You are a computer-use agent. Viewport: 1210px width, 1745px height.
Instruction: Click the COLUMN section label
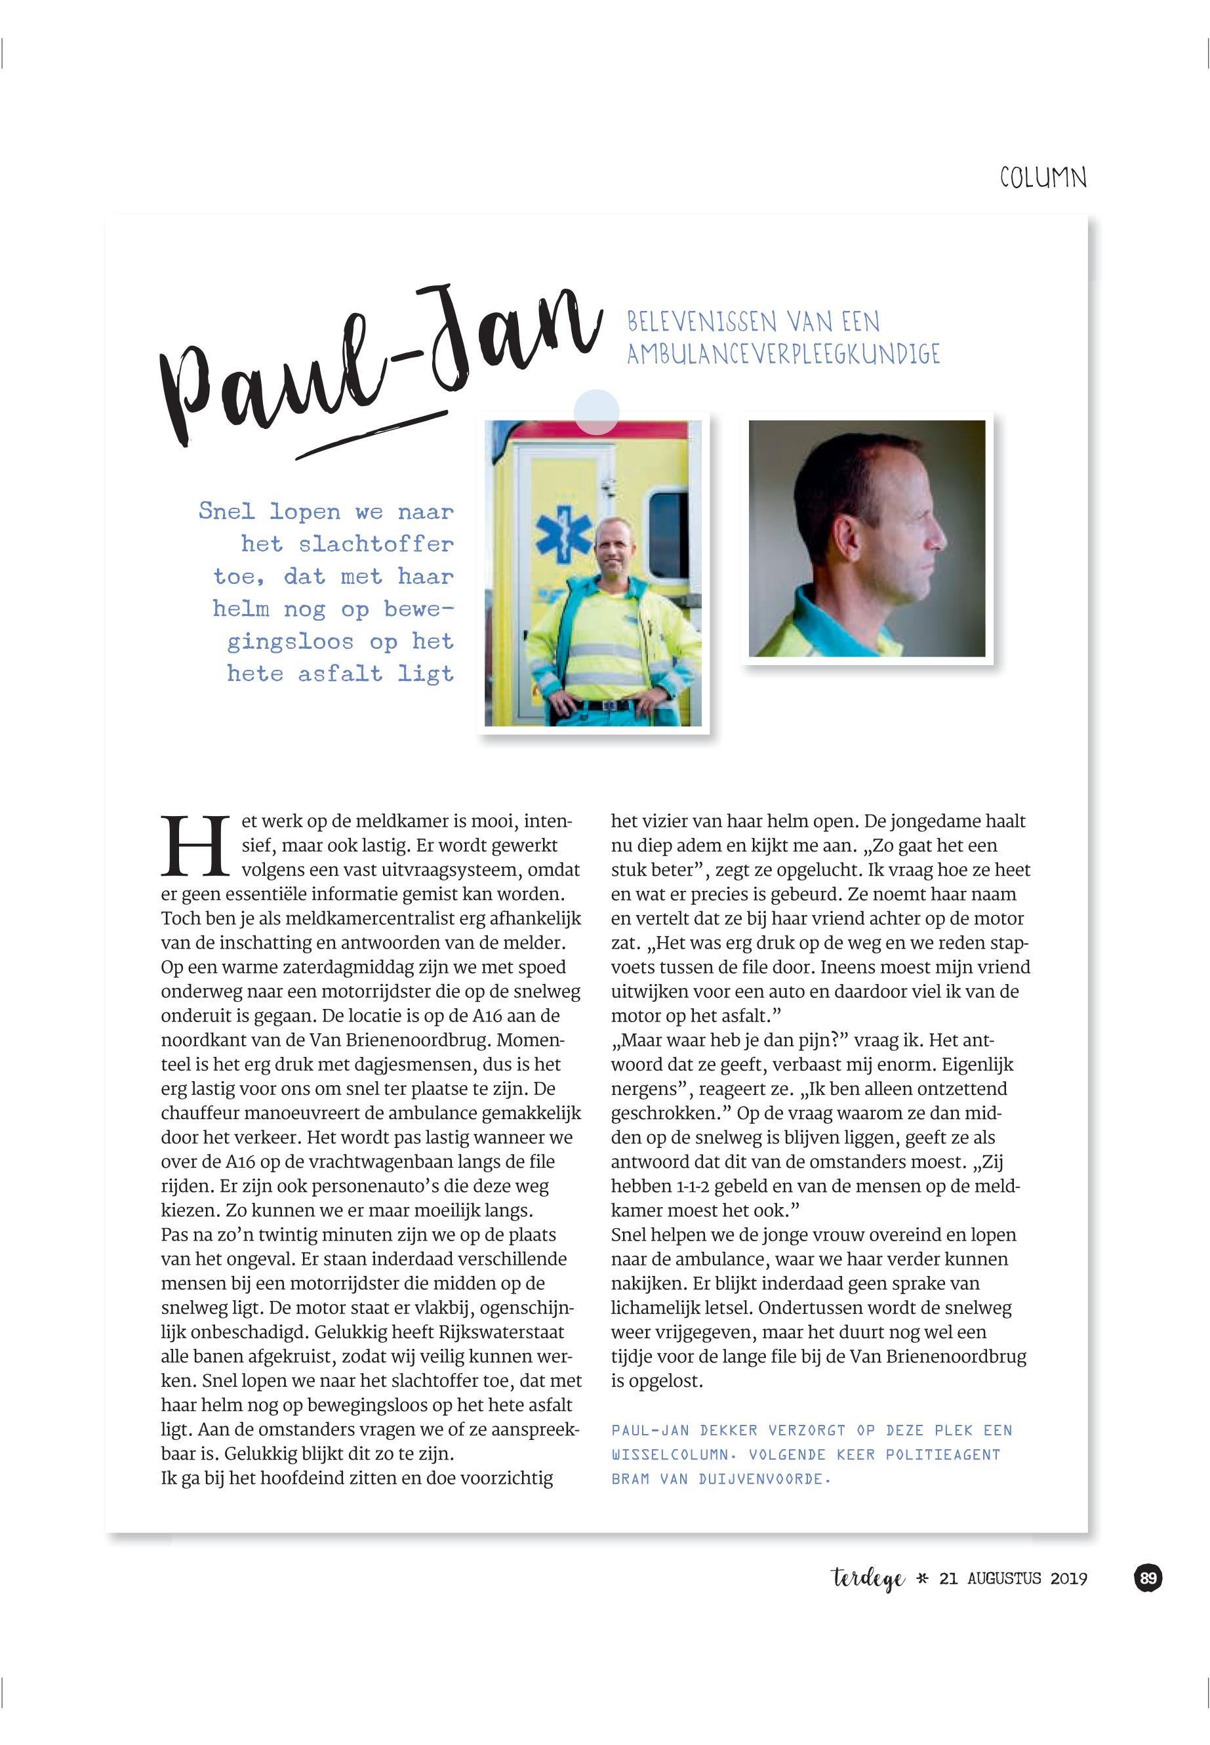pyautogui.click(x=1043, y=178)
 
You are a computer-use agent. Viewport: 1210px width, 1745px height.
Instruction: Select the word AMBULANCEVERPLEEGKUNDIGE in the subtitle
pyautogui.click(x=783, y=354)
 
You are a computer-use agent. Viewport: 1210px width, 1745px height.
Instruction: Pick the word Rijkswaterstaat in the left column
pyautogui.click(x=501, y=1332)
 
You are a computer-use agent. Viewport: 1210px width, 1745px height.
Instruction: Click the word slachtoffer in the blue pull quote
pyautogui.click(x=376, y=544)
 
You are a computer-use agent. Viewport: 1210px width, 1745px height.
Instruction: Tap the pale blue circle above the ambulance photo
pyautogui.click(x=596, y=412)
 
